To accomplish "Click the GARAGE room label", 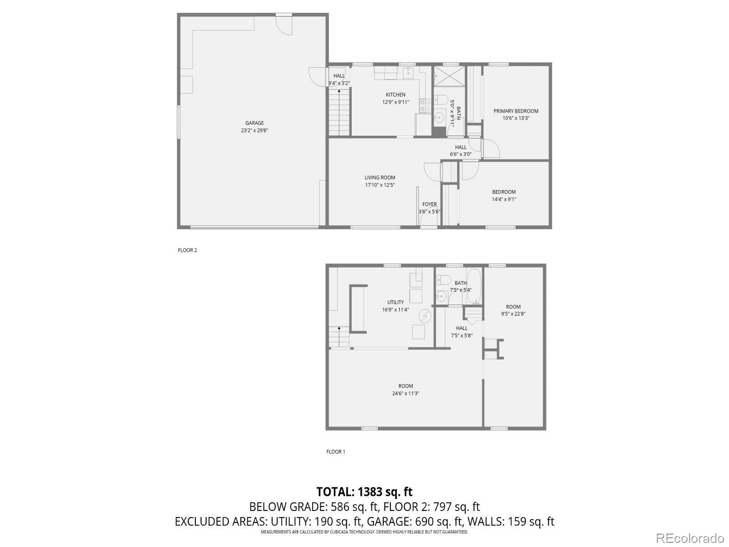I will click(x=254, y=123).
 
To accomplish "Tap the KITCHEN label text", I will click(x=395, y=95).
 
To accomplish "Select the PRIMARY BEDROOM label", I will click(x=516, y=111).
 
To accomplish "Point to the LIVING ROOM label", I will click(x=380, y=178).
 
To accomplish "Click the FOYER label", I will click(x=429, y=205).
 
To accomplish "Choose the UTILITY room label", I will click(x=395, y=302).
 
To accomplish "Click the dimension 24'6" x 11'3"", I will click(x=406, y=393).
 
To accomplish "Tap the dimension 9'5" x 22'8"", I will click(x=513, y=314).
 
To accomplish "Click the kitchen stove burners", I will click(x=425, y=106).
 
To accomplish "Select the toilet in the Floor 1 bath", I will click(x=443, y=279).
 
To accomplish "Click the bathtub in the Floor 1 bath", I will click(x=474, y=286).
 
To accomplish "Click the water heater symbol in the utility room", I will click(x=425, y=316).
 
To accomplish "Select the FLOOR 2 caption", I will click(x=187, y=250).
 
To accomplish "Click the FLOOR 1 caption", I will click(x=335, y=452).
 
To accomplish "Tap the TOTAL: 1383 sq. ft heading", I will click(x=364, y=492).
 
